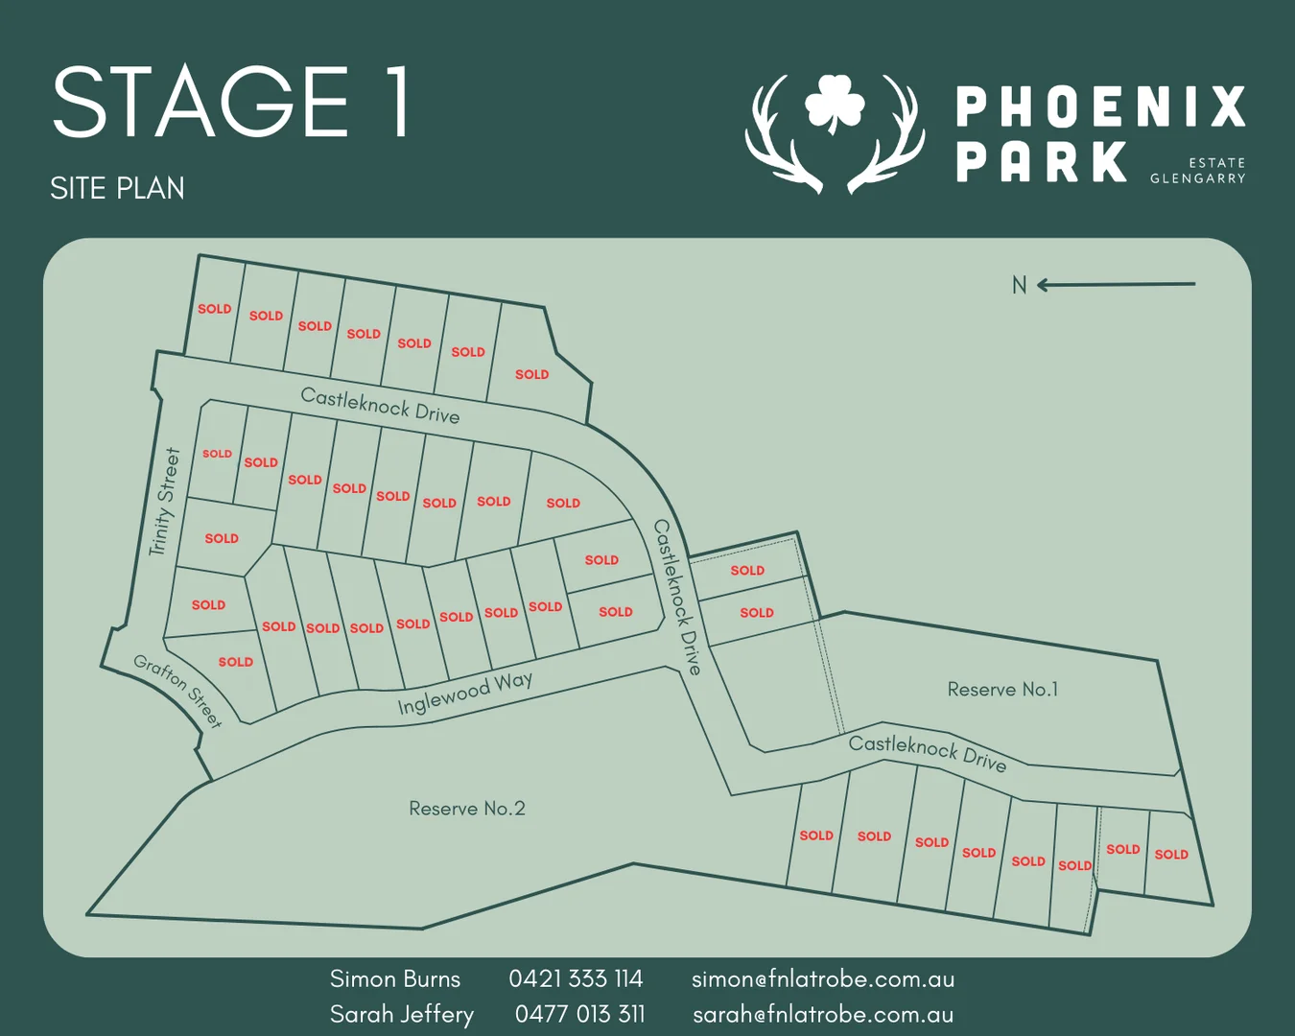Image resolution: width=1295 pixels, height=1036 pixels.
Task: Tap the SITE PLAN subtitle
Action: point(117,188)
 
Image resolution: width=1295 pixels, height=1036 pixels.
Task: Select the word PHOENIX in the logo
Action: point(1100,106)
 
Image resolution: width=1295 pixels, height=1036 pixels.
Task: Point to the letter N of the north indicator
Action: point(1019,285)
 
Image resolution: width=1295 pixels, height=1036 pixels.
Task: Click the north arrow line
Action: point(1118,284)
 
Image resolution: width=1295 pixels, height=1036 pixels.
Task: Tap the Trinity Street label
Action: point(165,502)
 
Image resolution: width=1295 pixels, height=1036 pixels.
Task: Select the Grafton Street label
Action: point(177,690)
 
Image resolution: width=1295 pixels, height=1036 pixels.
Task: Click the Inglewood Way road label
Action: point(464,693)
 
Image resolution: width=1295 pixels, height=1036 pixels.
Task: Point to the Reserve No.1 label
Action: point(1002,689)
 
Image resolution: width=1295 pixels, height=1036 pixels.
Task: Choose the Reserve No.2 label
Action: point(467,809)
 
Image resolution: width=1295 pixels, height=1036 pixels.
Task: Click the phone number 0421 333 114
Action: point(576,978)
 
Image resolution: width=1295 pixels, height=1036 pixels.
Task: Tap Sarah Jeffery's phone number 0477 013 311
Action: point(579,1014)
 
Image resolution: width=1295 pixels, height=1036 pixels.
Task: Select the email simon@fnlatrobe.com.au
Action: point(823,978)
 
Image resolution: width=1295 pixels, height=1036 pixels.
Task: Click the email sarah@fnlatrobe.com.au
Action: point(823,1014)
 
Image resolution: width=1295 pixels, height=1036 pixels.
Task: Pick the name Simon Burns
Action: point(395,978)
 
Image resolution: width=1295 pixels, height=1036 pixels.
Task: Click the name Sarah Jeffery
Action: point(402,1014)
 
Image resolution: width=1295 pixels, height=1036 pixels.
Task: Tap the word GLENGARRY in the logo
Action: point(1197,178)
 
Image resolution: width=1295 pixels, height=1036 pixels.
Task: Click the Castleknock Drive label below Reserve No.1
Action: point(928,753)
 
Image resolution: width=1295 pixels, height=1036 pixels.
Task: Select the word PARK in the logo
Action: point(1042,161)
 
